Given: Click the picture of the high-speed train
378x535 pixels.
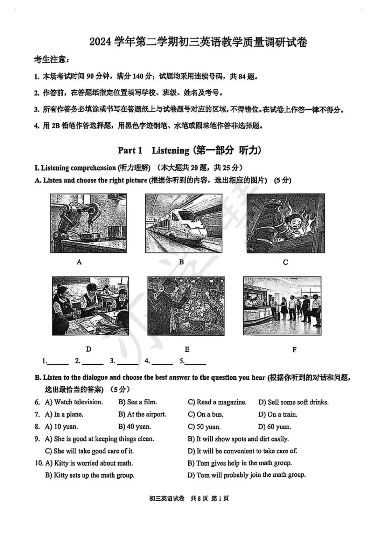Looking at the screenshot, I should coord(183,224).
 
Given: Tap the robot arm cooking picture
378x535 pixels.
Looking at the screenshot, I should coord(89,224).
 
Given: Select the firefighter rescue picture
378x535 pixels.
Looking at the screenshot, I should coord(286,224).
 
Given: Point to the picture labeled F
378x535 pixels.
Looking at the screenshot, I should coord(282,306).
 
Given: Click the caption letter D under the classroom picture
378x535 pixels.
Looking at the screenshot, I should coord(89,349).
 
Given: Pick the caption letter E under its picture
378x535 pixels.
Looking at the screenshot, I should coord(187,349).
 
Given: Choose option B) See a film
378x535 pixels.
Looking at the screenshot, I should coord(138,402).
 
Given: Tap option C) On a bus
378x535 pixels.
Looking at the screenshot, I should coord(205,414).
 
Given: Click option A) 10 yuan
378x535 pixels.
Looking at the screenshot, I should coord(62,427).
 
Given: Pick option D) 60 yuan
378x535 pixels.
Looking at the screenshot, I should coord(275,427).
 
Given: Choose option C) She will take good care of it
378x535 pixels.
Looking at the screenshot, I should coord(89,451).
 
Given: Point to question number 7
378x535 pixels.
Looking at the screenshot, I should coord(37,414).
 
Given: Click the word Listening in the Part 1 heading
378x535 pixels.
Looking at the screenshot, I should coord(170,151).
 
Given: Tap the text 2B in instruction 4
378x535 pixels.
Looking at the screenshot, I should coord(56,126).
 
